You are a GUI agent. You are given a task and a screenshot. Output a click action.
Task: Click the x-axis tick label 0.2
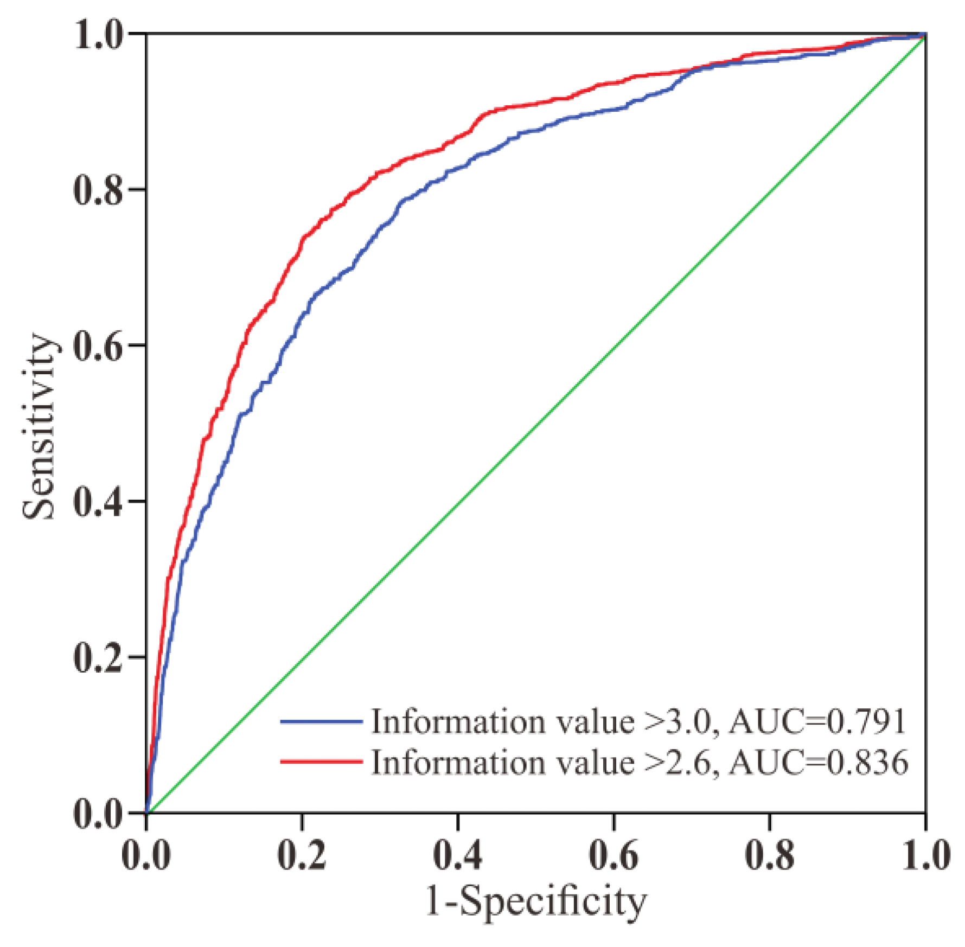pos(302,855)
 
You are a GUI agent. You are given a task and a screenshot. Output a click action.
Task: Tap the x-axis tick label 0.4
pos(457,855)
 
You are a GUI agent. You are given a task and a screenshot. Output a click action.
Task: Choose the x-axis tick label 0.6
pos(613,855)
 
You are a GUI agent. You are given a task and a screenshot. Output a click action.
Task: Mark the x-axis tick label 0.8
pos(769,855)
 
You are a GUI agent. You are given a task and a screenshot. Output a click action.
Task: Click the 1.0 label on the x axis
pos(925,855)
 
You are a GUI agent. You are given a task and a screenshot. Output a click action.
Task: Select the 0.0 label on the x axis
pos(146,855)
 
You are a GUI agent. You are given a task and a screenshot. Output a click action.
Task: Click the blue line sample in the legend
pos(321,721)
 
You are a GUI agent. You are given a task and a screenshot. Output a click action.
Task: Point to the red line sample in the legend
pos(321,762)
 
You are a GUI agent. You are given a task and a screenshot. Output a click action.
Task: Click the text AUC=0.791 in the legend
pos(817,722)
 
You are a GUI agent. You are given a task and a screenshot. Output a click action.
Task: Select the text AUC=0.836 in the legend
pos(818,762)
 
